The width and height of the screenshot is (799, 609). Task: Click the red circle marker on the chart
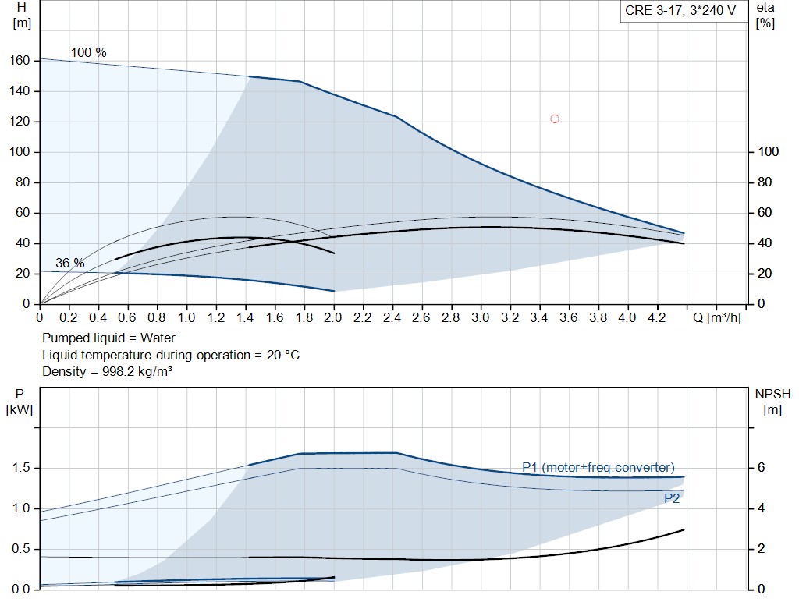[555, 119]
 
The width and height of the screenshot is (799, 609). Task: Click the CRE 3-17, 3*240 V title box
[680, 11]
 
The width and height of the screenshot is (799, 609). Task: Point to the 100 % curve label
[89, 52]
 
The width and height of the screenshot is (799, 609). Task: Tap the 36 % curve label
[69, 264]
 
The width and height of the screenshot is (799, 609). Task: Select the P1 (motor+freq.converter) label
[598, 467]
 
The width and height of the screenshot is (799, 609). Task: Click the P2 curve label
[672, 498]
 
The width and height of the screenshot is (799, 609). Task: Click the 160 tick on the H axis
[20, 61]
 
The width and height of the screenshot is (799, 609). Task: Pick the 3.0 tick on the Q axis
[480, 317]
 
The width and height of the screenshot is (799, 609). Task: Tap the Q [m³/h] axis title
[716, 317]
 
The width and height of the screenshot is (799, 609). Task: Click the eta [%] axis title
[765, 16]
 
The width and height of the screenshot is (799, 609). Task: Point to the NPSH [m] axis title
[772, 402]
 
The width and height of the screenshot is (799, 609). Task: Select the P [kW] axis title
[20, 402]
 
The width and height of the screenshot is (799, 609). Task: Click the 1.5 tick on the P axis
[21, 468]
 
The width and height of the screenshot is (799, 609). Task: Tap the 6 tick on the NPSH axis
[762, 468]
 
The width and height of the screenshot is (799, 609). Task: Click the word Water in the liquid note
[158, 338]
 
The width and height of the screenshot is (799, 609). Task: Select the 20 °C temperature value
[282, 355]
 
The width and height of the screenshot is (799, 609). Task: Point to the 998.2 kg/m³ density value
[137, 372]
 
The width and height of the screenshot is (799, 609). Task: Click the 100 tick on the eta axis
[769, 152]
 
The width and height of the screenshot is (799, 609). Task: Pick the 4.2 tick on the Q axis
[656, 317]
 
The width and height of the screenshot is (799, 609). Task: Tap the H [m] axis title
[21, 16]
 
